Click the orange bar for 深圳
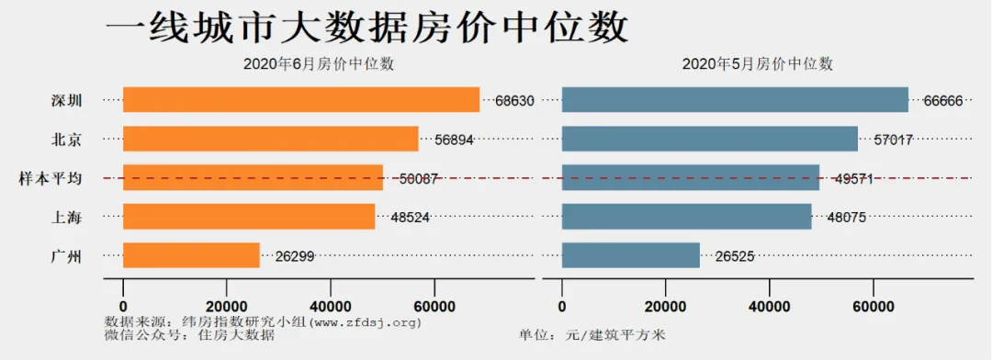click(x=301, y=99)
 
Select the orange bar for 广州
click(x=191, y=255)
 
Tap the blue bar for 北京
click(x=709, y=139)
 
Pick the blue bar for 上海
click(x=686, y=216)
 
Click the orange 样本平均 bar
click(x=253, y=177)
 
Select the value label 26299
click(x=294, y=256)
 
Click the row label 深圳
click(x=67, y=100)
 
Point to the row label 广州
click(x=67, y=256)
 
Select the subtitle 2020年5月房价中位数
click(x=758, y=63)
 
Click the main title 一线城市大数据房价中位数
click(x=367, y=28)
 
